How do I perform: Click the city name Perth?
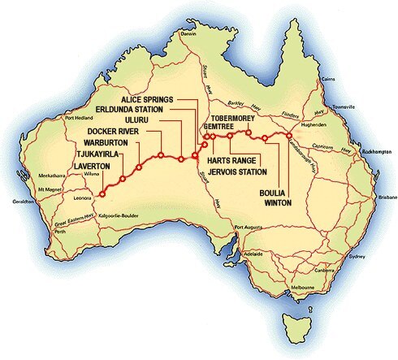(x=58, y=232)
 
